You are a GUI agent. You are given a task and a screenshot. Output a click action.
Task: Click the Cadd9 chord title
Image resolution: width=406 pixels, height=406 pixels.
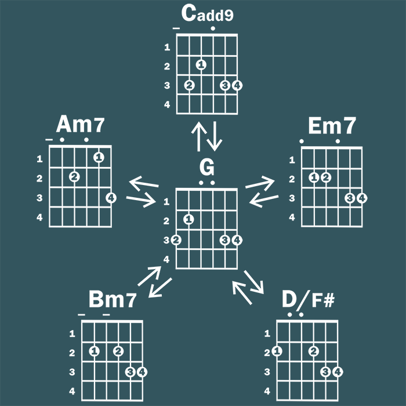click(x=207, y=14)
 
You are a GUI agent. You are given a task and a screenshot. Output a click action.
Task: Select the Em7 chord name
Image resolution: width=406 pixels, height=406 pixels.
click(x=332, y=125)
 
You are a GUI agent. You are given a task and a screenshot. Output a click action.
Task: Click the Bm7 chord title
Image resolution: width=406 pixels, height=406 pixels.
click(x=113, y=300)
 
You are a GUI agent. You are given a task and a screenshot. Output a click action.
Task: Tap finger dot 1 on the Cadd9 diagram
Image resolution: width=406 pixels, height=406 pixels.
click(x=201, y=65)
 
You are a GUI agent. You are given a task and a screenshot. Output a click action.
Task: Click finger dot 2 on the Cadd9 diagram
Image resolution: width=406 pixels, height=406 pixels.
click(x=189, y=85)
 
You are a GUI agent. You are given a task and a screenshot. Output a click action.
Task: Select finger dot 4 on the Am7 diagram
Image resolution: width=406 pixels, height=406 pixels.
click(x=111, y=198)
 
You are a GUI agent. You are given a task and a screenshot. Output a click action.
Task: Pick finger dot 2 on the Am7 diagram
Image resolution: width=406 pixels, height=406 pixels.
click(x=74, y=176)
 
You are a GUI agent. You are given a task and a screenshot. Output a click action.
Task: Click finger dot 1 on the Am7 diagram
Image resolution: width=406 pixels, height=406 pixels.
click(x=99, y=157)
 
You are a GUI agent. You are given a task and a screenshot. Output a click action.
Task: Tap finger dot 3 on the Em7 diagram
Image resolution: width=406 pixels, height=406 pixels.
click(x=350, y=198)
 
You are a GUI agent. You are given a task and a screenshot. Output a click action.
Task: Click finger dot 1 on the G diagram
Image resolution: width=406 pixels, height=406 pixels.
click(x=188, y=219)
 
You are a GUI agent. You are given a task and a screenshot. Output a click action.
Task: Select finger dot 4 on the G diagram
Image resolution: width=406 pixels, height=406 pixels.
click(x=237, y=240)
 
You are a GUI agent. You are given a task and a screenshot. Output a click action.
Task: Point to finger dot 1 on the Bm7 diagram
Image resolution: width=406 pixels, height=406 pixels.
click(x=95, y=351)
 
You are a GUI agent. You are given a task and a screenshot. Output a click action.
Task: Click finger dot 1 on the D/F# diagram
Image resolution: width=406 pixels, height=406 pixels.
click(x=277, y=351)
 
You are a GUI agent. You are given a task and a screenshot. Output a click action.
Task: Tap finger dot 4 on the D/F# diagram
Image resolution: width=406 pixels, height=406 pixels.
click(x=337, y=372)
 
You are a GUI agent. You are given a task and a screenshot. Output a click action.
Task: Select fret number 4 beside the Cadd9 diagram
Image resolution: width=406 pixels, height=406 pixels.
click(x=167, y=105)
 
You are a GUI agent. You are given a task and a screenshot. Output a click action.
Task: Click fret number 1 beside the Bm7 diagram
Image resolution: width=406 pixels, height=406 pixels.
click(x=72, y=333)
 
